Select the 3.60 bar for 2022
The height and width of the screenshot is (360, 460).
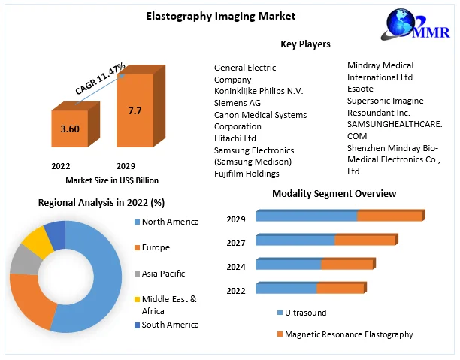(70, 130)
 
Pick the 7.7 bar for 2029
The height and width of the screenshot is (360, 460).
(135, 113)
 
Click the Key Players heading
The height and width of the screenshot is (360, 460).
(305, 44)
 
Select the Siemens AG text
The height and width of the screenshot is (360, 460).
(237, 103)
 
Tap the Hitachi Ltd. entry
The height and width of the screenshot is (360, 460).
(236, 138)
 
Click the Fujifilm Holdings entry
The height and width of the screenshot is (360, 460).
(247, 174)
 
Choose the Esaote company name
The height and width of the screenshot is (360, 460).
(360, 88)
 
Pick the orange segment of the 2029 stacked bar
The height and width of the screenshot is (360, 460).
(389, 216)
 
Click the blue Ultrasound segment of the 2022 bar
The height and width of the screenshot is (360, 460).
(286, 289)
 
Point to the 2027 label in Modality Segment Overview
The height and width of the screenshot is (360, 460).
(236, 244)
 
